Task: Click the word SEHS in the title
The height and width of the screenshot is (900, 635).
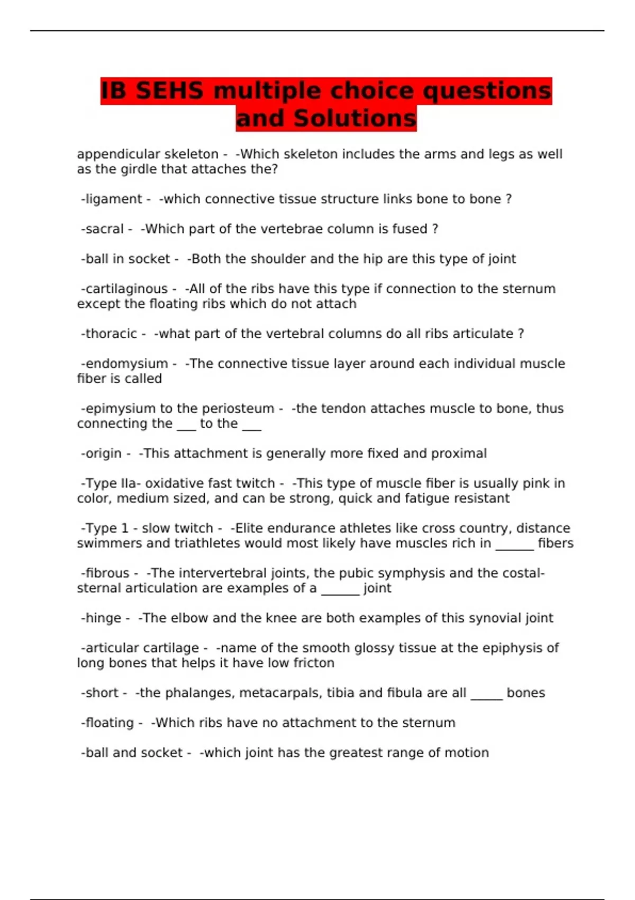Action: point(169,91)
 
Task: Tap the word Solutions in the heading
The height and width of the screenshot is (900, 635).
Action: point(355,118)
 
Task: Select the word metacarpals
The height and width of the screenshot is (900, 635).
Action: point(272,693)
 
